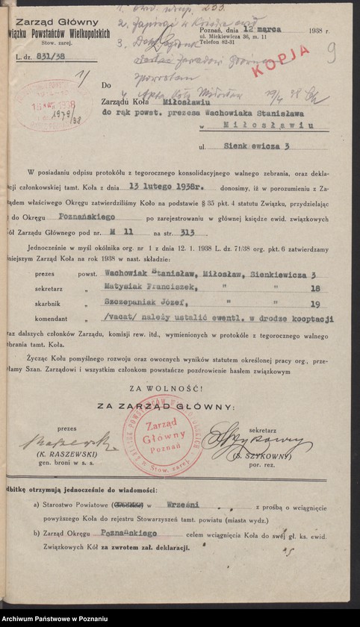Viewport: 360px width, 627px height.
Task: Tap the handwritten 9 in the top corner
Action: click(x=330, y=51)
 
